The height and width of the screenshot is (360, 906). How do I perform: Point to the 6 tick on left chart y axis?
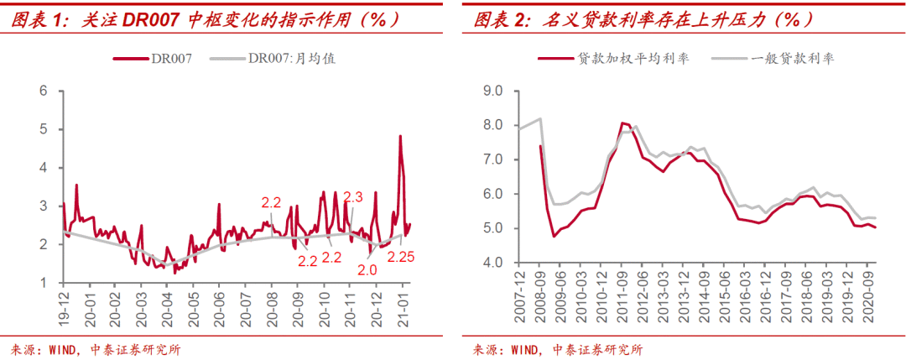(43, 90)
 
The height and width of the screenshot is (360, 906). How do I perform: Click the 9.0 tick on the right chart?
(490, 90)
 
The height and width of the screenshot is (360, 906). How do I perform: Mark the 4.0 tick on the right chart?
(490, 263)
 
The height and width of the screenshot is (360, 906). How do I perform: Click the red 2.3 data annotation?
(352, 197)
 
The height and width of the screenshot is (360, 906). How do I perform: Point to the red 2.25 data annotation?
(401, 256)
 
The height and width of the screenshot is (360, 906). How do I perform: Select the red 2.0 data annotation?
(367, 270)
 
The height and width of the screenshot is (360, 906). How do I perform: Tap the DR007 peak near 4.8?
(400, 136)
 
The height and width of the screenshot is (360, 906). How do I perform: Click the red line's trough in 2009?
(555, 236)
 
